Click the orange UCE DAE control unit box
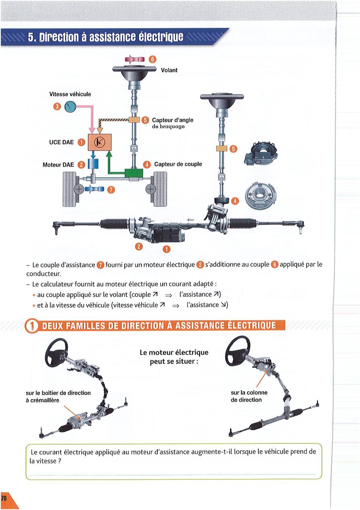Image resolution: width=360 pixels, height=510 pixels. (100, 142)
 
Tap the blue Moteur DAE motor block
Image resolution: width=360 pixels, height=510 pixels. (93, 164)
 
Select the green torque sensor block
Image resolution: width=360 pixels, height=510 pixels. (134, 173)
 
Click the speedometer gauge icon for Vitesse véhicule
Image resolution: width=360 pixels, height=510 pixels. (70, 107)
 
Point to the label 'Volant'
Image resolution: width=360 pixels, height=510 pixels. (169, 70)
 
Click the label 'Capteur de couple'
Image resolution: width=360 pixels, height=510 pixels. (178, 164)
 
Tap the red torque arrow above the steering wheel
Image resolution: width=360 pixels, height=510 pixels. (135, 59)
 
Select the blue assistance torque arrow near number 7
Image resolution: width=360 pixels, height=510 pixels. (94, 189)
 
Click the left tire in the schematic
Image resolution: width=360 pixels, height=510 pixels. (69, 189)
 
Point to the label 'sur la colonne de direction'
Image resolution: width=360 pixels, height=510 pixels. (249, 396)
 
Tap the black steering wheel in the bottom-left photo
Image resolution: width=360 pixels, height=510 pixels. (57, 352)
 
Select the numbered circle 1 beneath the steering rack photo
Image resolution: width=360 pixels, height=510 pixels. (167, 249)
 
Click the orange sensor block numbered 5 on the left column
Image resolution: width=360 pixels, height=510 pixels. (134, 120)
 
